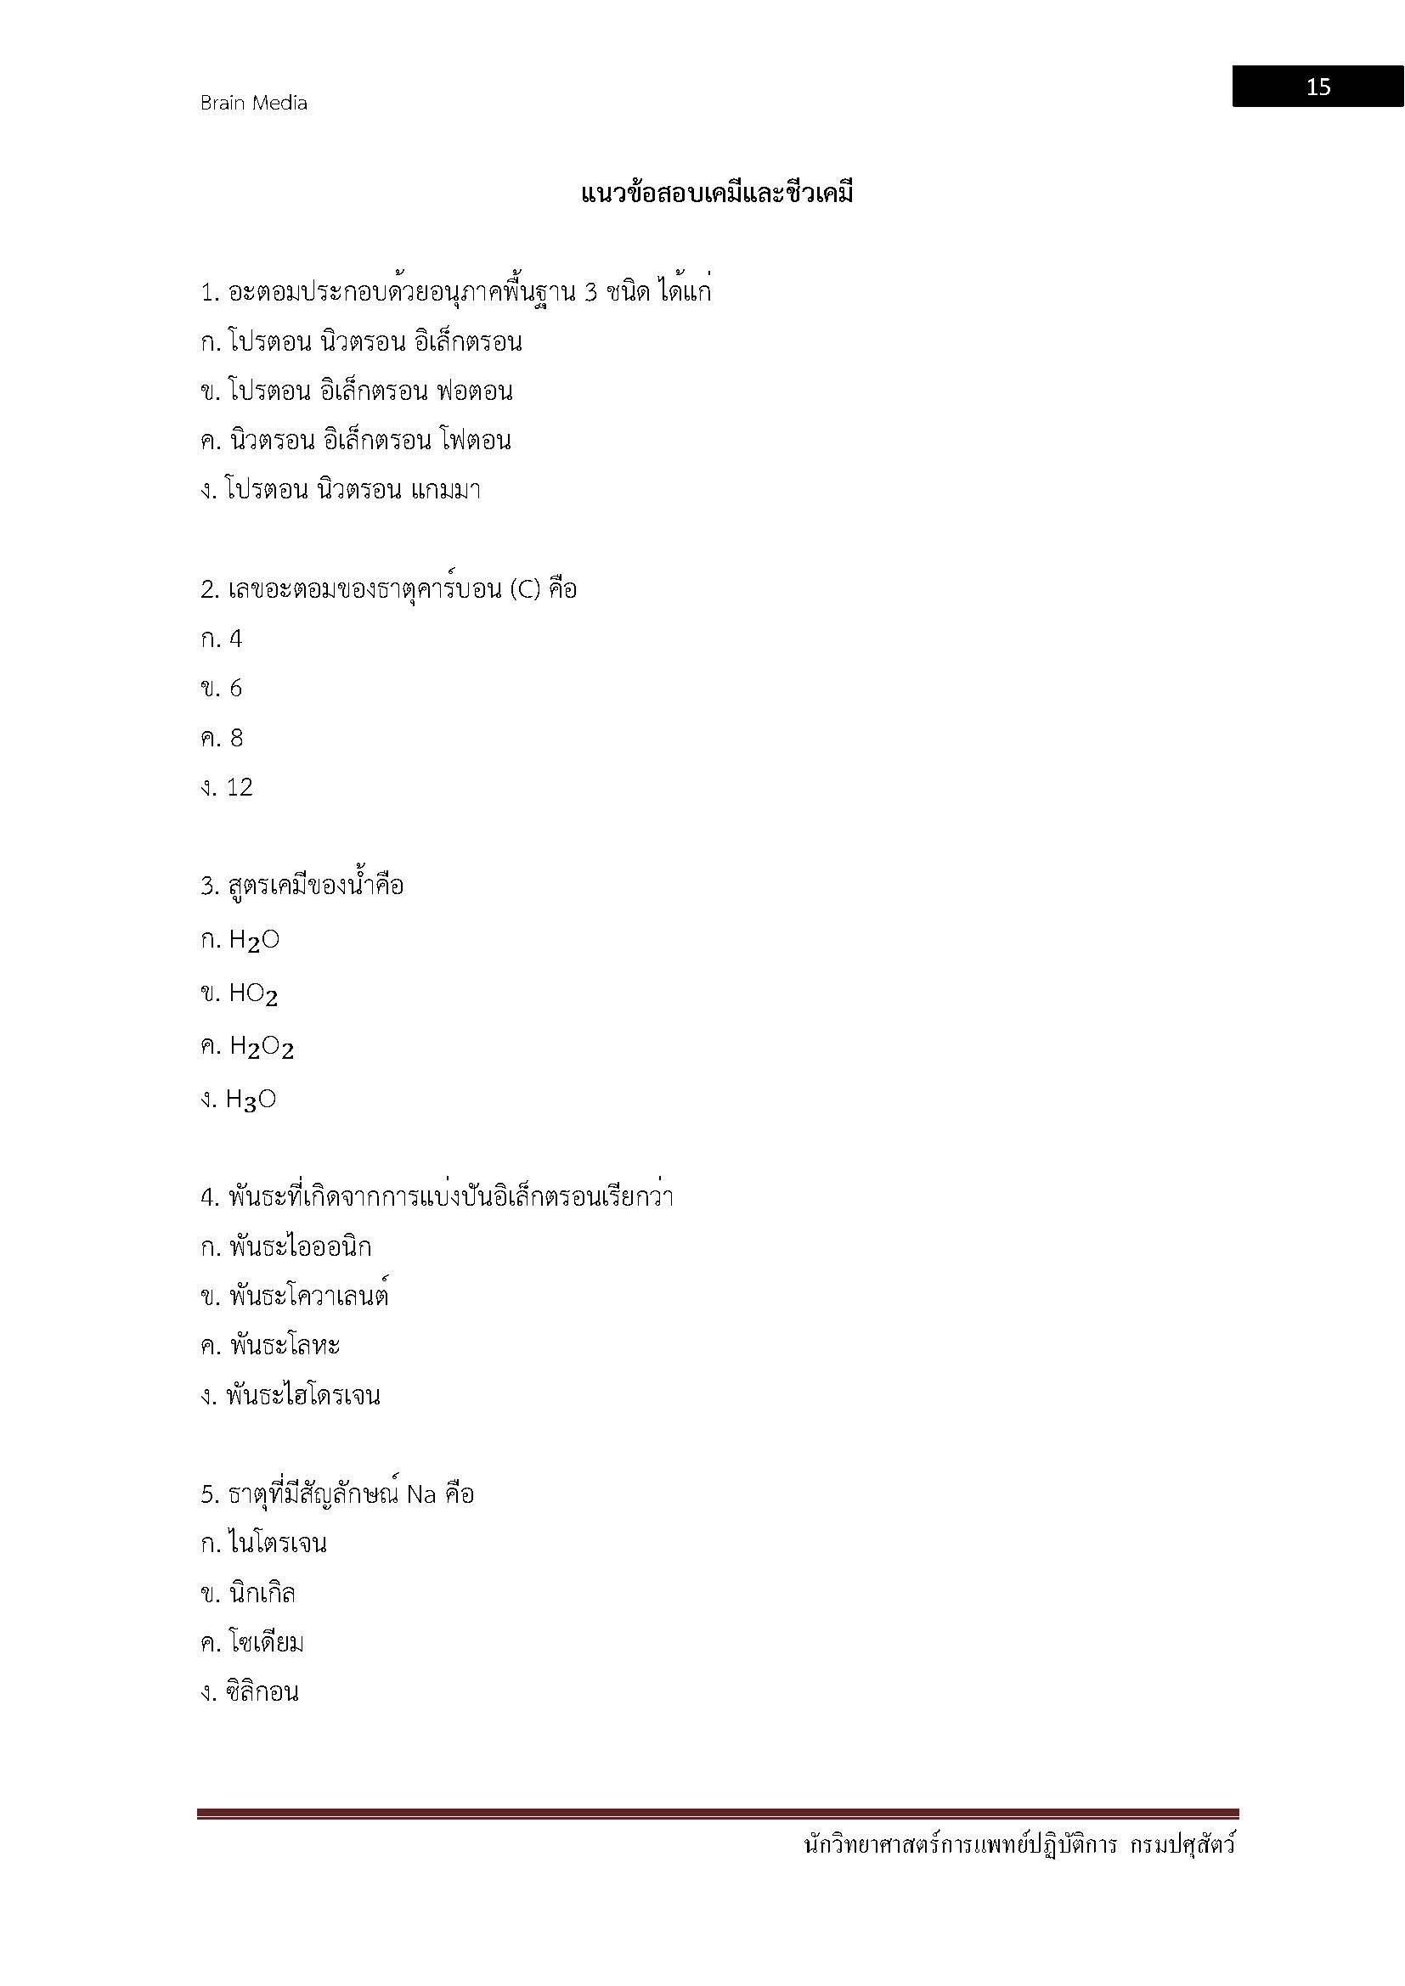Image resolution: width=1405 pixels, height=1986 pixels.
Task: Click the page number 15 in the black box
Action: tap(1318, 87)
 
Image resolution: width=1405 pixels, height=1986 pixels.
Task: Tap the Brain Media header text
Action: tap(253, 103)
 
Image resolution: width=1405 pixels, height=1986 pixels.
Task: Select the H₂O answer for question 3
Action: tap(253, 940)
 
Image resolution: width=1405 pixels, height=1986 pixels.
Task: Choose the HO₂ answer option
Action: tap(253, 994)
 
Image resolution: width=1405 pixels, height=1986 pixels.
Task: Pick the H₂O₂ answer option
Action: tap(262, 1048)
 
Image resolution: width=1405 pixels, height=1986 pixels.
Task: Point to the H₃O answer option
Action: tap(251, 1100)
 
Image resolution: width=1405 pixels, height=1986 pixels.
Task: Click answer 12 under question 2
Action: tap(239, 787)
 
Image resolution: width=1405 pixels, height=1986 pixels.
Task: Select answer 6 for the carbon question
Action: tap(235, 689)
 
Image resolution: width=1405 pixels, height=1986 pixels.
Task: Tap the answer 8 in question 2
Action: tap(236, 738)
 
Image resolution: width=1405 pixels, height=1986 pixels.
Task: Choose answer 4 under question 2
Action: tap(235, 639)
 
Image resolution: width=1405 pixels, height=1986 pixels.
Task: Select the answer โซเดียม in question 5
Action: tap(267, 1643)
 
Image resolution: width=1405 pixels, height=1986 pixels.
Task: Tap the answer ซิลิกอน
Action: tap(262, 1693)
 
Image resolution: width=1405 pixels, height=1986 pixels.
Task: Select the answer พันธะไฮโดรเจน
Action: tap(302, 1395)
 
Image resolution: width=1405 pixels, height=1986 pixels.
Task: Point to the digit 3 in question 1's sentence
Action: tap(591, 293)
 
